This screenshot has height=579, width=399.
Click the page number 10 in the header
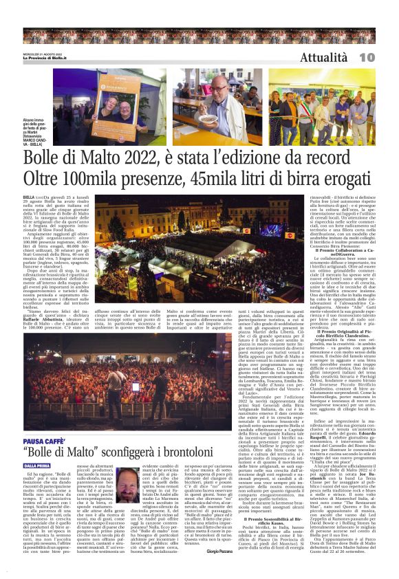click(x=385, y=58)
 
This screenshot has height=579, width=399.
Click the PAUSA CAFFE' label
click(x=43, y=441)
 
